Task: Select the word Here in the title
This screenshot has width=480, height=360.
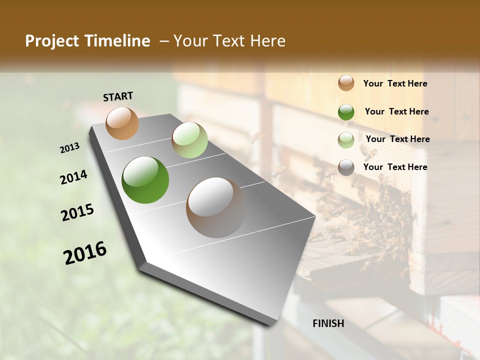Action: click(x=267, y=41)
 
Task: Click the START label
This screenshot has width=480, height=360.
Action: click(x=118, y=96)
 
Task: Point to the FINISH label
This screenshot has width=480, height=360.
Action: click(x=328, y=323)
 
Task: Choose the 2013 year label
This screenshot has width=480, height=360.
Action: click(x=70, y=148)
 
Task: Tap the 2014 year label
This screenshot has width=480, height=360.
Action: click(x=74, y=177)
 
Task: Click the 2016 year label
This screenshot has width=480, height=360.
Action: click(x=85, y=253)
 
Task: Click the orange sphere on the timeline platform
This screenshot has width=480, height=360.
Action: click(x=122, y=123)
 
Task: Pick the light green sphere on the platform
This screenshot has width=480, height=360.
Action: click(x=189, y=140)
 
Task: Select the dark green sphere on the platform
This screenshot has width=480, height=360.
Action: click(x=145, y=180)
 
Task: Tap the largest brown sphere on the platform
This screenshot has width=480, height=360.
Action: click(x=216, y=207)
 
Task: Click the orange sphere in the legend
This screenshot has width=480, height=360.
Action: click(x=346, y=83)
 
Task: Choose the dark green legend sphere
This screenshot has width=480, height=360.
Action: click(x=346, y=112)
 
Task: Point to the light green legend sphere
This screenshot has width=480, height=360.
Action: click(x=346, y=140)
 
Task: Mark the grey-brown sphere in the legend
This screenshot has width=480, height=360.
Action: click(x=346, y=167)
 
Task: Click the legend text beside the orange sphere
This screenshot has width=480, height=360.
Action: click(x=395, y=84)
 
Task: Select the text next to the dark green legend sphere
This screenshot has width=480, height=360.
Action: click(x=396, y=111)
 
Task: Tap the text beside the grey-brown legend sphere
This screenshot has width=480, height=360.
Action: click(x=395, y=167)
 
